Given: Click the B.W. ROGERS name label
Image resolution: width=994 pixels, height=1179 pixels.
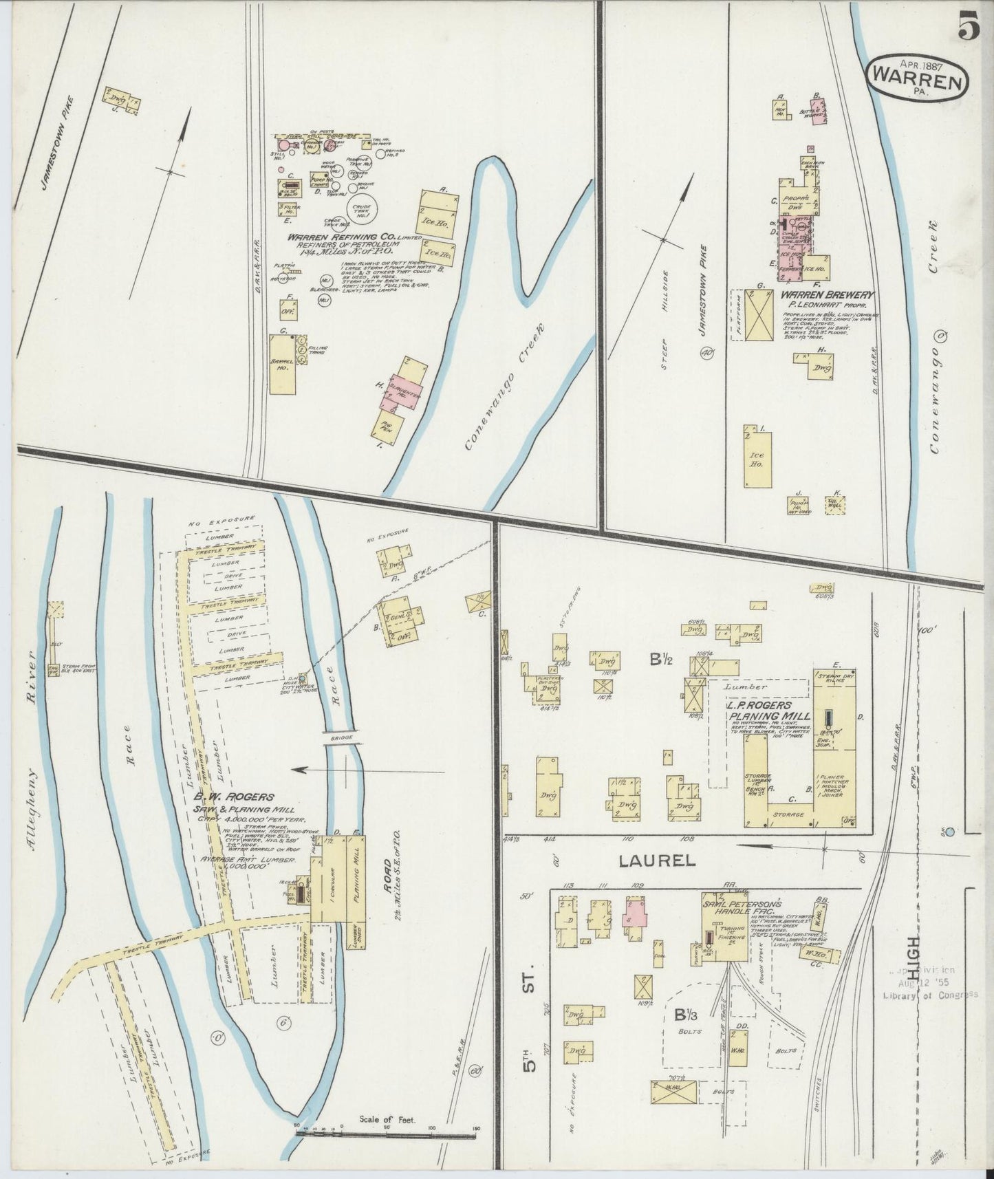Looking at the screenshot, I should (x=238, y=797).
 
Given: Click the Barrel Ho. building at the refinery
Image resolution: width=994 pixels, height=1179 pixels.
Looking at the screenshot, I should (x=283, y=364).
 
